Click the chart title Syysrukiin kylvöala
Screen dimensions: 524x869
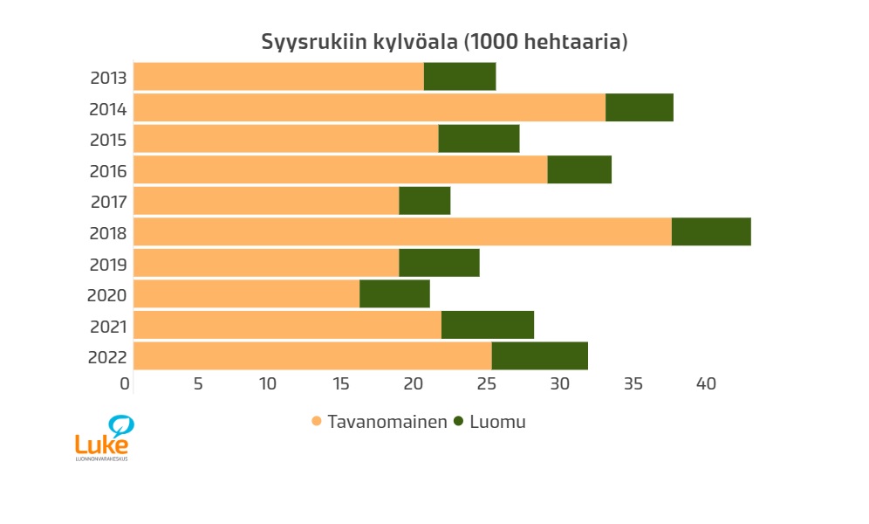444,42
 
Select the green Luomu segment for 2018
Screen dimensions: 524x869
711,232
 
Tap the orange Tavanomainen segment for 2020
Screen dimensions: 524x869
246,294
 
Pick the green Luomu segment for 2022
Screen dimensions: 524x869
539,356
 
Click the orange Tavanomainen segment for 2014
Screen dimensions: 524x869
369,108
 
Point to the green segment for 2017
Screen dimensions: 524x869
425,201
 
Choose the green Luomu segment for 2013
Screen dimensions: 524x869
460,77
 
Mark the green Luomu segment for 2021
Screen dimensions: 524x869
488,325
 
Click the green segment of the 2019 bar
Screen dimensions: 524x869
439,263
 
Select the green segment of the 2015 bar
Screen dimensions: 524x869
479,139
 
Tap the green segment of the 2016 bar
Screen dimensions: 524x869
579,170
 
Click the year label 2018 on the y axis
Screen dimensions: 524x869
108,233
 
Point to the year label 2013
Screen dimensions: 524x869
108,78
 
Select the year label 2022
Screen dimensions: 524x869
108,357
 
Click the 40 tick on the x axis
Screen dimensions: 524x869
705,383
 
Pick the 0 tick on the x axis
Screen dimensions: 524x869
126,383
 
